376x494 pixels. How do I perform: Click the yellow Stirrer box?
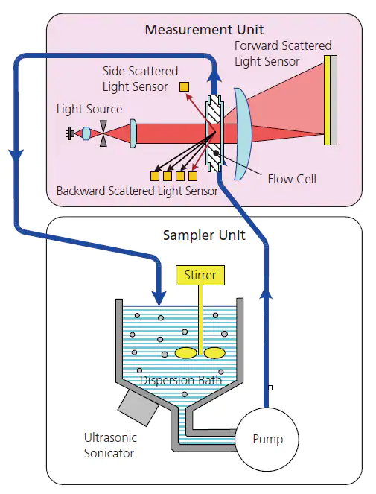click(200, 275)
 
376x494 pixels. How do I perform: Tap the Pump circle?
click(267, 439)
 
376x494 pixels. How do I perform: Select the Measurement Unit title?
click(204, 30)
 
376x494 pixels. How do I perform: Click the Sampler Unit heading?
click(204, 235)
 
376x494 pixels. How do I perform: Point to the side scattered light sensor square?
click(184, 86)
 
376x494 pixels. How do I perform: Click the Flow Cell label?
click(292, 179)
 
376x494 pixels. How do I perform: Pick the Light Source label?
click(89, 110)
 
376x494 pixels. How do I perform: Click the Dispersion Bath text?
click(181, 380)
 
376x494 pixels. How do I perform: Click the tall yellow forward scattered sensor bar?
click(327, 100)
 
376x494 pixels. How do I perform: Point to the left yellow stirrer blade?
click(186, 353)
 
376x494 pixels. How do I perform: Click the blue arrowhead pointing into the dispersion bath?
click(159, 297)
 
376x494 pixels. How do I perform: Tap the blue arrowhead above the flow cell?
click(214, 75)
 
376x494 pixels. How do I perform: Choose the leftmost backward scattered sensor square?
click(155, 176)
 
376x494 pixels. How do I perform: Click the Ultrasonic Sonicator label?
click(110, 446)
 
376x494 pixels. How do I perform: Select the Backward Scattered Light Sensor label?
click(137, 191)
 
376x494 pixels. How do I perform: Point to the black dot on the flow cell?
click(216, 153)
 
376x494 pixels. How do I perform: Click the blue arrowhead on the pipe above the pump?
click(266, 294)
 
